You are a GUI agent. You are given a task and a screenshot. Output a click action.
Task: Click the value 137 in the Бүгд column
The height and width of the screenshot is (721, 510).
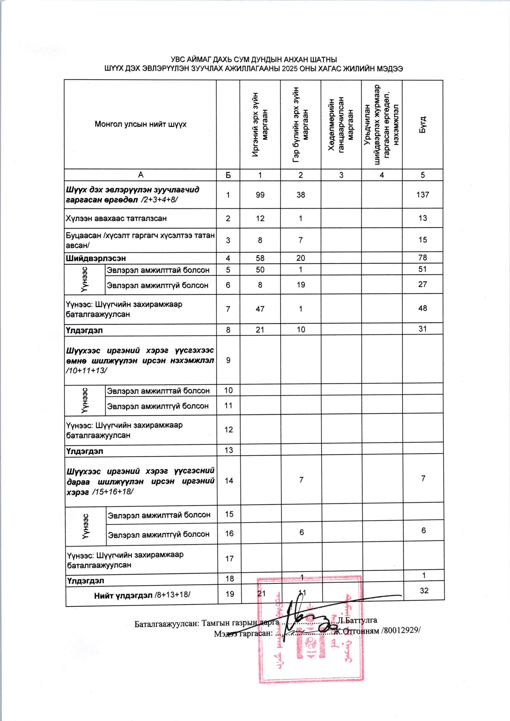pyautogui.click(x=423, y=195)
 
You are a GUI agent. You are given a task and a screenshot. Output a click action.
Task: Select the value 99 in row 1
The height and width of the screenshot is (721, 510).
pyautogui.click(x=260, y=195)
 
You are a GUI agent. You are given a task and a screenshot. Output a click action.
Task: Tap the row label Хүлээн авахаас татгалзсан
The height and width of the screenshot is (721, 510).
pyautogui.click(x=116, y=218)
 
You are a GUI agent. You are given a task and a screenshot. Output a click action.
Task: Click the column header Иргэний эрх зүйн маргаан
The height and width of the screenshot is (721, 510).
pyautogui.click(x=260, y=125)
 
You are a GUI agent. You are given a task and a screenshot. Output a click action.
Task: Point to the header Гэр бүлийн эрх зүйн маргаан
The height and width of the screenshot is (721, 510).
pyautogui.click(x=300, y=125)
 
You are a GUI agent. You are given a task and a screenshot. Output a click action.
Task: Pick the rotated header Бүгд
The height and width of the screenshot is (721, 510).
pyautogui.click(x=423, y=125)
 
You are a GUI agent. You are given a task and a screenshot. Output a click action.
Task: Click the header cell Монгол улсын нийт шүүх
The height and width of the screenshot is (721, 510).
pyautogui.click(x=140, y=124)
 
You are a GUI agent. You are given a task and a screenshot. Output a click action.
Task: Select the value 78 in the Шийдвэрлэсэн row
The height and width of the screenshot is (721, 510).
pyautogui.click(x=423, y=258)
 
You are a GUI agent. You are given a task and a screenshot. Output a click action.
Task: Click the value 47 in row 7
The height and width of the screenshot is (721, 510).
pyautogui.click(x=260, y=309)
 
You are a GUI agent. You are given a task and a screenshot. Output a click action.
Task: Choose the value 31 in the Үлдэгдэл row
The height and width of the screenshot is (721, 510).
pyautogui.click(x=423, y=329)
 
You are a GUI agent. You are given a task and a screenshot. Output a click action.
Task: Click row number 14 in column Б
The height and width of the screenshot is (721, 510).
pyautogui.click(x=229, y=481)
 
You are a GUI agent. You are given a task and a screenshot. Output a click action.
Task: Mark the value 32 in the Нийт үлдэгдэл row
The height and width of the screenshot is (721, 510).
pyautogui.click(x=424, y=591)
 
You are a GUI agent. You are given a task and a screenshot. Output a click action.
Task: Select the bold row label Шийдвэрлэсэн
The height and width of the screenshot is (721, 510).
pyautogui.click(x=96, y=258)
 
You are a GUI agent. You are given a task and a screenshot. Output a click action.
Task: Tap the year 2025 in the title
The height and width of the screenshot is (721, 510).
pyautogui.click(x=290, y=69)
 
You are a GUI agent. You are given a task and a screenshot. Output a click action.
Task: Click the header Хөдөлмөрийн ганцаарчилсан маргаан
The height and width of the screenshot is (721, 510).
pyautogui.click(x=341, y=125)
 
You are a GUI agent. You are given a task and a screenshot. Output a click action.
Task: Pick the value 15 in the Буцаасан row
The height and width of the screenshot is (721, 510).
pyautogui.click(x=423, y=240)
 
